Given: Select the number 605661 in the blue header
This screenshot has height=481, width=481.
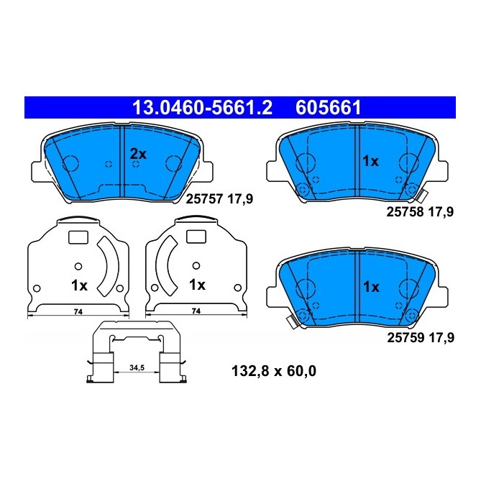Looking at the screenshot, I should point(327,108).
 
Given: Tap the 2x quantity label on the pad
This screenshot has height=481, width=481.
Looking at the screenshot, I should point(137,153).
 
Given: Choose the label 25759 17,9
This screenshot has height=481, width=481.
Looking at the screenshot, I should point(421,335).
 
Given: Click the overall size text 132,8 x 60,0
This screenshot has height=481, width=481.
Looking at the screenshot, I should point(274,371).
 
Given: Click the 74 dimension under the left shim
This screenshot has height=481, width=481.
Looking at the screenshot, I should point(78,311).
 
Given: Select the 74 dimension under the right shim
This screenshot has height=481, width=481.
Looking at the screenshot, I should point(196,311).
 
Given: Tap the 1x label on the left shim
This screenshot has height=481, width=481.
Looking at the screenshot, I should point(79,285).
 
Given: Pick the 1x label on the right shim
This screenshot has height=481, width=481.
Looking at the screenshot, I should point(196,285).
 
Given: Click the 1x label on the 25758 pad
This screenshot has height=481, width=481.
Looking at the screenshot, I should point(370,162).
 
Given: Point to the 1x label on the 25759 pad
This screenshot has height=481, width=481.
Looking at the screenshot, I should point(370,286).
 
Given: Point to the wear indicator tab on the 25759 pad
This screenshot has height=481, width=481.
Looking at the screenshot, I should point(292,322).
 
